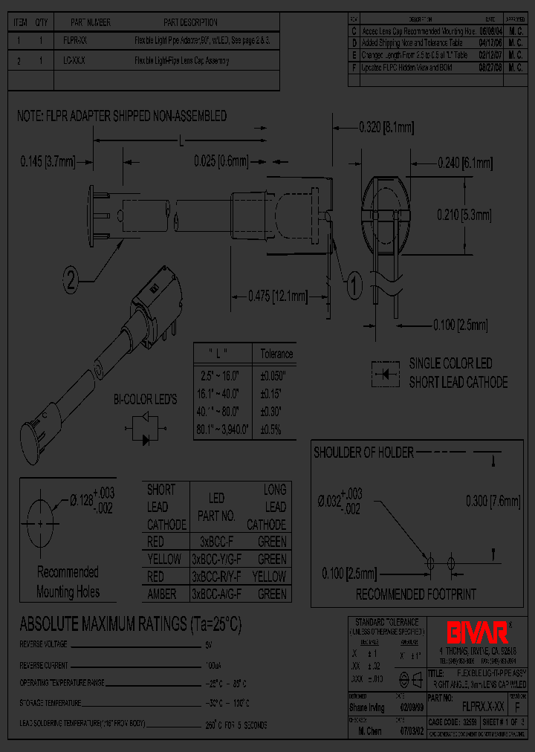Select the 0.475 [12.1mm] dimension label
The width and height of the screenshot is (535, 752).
coord(277,296)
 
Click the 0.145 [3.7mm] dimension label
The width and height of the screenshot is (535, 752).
coord(46,160)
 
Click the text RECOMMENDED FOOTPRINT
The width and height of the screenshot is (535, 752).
coord(415,594)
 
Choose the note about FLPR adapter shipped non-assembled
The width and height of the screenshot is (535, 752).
coord(122,117)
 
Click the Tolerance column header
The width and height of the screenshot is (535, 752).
coord(276,354)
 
